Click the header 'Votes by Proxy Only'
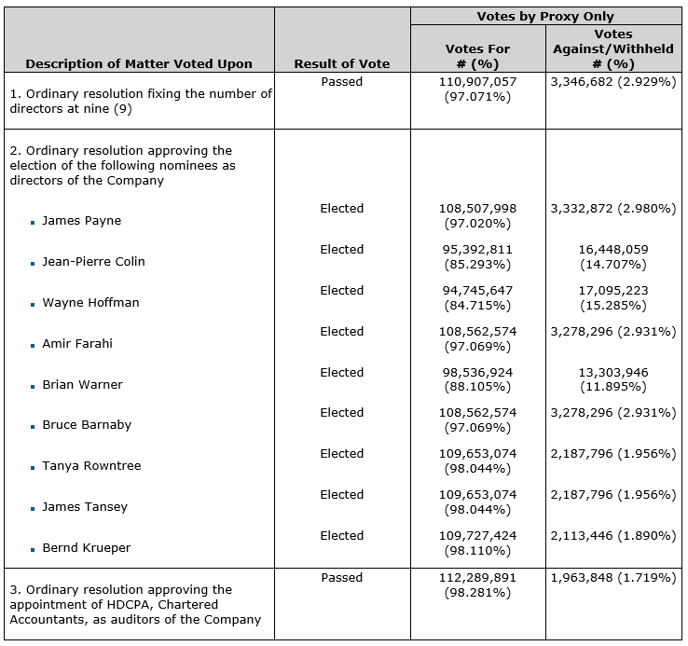(x=545, y=17)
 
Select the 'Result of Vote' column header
(x=341, y=63)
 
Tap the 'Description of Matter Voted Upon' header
(x=139, y=63)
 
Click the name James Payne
(x=81, y=221)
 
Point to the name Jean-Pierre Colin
(x=93, y=262)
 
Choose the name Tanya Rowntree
(x=91, y=466)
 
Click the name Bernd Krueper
(x=87, y=548)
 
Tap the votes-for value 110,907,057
(x=477, y=82)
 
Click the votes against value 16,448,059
(x=612, y=250)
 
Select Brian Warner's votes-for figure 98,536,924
(x=477, y=373)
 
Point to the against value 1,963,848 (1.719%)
(x=612, y=578)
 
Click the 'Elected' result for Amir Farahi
(x=341, y=332)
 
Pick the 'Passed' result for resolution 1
(x=341, y=82)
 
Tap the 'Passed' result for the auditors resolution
(x=341, y=578)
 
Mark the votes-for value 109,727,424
(x=477, y=536)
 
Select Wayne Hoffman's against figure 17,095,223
(x=612, y=291)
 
